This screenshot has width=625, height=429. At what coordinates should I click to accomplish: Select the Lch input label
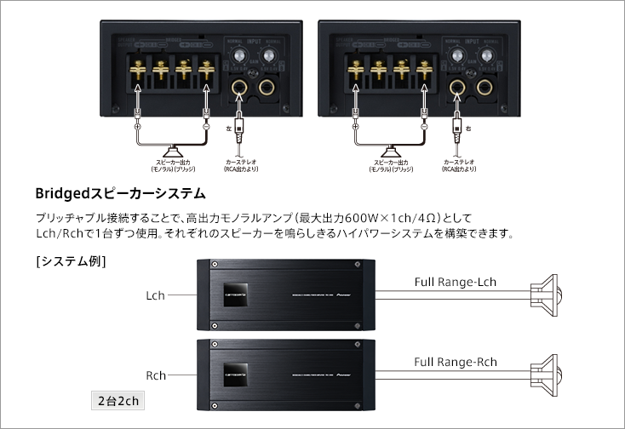(155, 295)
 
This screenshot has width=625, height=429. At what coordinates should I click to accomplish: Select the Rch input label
(155, 375)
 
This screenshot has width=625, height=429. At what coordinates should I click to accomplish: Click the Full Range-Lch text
(455, 282)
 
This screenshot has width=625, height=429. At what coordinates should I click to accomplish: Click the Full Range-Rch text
(455, 362)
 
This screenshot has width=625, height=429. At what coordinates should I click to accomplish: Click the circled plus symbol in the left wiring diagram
(137, 126)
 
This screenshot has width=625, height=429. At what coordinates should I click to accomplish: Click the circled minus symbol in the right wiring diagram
(423, 126)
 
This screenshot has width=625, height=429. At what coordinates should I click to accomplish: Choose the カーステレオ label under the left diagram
(243, 159)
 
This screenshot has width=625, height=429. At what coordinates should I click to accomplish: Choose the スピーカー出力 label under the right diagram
(391, 159)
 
